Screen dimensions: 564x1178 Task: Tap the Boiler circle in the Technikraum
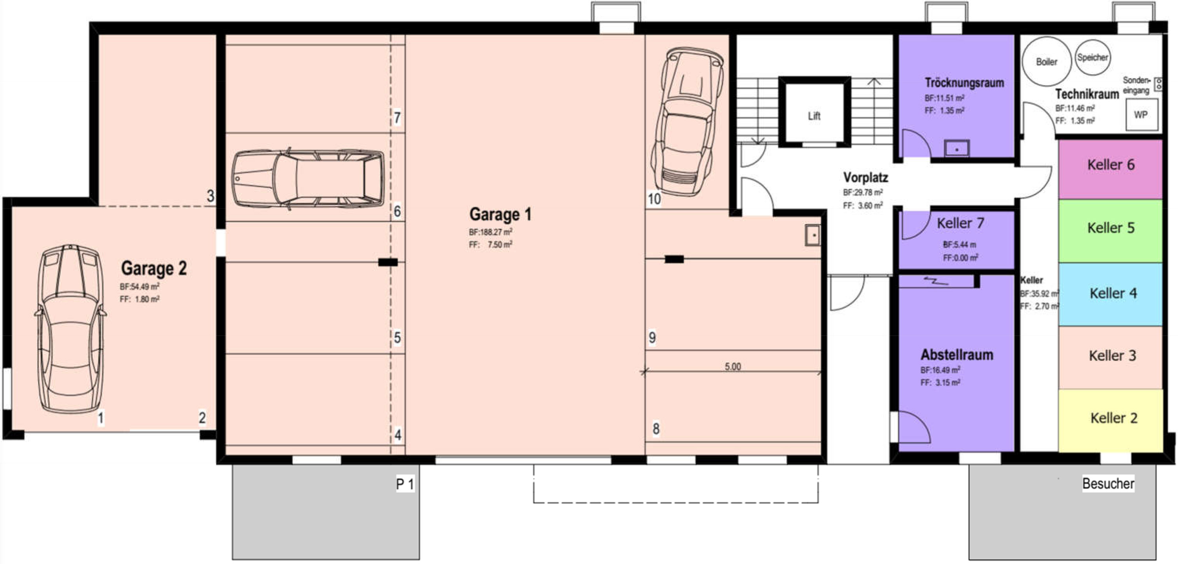[x=1046, y=61]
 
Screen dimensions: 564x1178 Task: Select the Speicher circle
[x=1092, y=58]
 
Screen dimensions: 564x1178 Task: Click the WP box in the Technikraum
[x=1141, y=114]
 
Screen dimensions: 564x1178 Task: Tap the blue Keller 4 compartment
[x=1110, y=293]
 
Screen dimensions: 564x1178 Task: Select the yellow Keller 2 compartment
[x=1110, y=420]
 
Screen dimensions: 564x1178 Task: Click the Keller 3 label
[x=1112, y=355]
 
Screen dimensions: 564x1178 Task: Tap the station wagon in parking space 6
[x=308, y=178]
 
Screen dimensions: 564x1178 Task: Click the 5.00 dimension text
[x=732, y=366]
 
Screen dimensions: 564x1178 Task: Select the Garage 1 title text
[x=500, y=214]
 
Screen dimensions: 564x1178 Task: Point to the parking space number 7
[x=397, y=118]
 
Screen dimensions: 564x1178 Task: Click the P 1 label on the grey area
[x=405, y=484]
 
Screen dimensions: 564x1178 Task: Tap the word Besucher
[x=1108, y=483]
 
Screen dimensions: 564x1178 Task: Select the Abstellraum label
[x=957, y=355]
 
